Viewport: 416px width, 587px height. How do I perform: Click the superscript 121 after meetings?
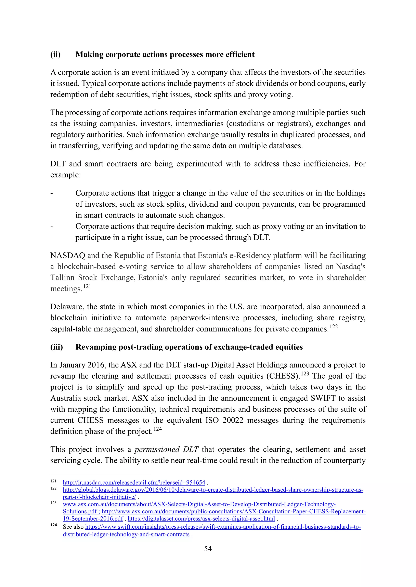(87, 286)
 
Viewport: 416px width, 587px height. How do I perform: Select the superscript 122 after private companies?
(334, 326)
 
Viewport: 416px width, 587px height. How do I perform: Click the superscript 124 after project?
(158, 429)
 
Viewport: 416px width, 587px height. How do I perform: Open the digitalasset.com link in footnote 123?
(201, 519)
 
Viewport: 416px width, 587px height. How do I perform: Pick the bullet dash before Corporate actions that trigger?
(52, 193)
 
